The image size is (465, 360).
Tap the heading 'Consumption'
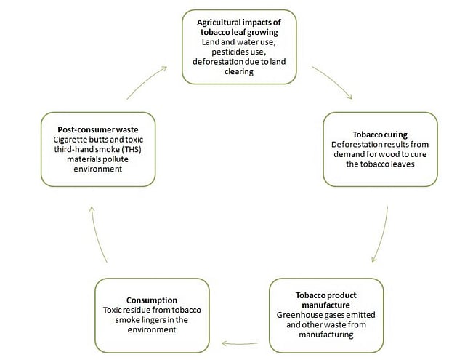pos(153,299)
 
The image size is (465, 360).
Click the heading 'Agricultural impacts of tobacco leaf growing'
pos(240,28)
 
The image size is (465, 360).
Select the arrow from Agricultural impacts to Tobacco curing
pos(332,83)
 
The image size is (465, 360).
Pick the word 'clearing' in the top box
pos(240,73)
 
